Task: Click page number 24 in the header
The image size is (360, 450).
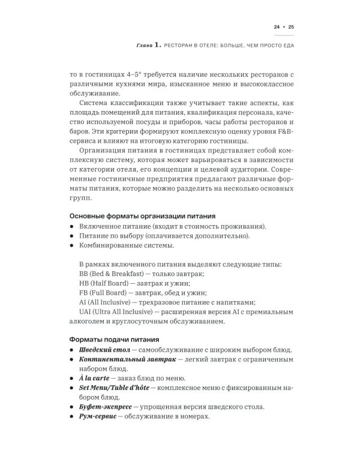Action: (277, 27)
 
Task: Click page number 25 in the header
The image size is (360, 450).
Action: (291, 27)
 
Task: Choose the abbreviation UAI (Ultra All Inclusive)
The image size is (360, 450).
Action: (120, 313)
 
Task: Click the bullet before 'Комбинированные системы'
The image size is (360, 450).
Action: (71, 245)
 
